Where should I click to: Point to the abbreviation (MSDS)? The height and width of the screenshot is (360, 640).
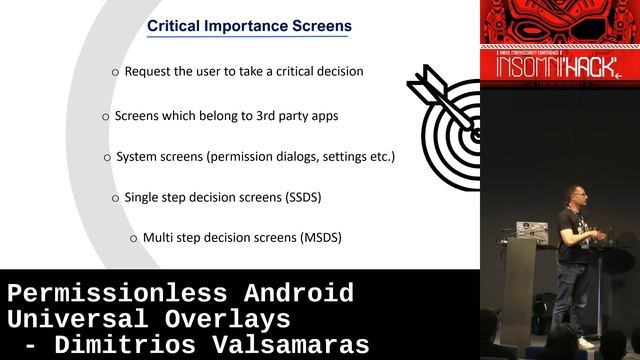coord(320,238)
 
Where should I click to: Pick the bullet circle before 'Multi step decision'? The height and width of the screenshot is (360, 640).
coord(134,239)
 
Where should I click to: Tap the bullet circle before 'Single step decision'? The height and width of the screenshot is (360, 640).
coord(115,198)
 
